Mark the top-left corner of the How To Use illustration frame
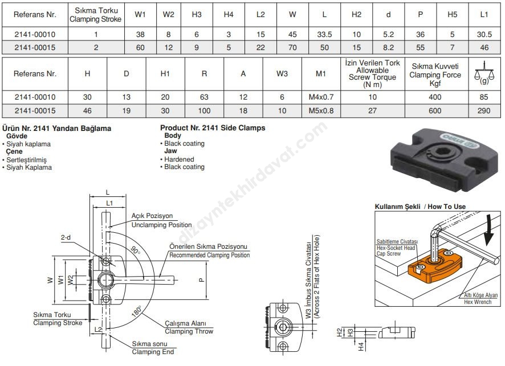[x=375, y=211]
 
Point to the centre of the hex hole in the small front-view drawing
[x=283, y=327]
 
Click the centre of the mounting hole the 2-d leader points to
[x=106, y=261]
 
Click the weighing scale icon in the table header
[x=484, y=73]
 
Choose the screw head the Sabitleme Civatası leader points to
[x=420, y=267]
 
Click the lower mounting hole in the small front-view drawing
[x=283, y=346]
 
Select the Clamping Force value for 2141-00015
[x=435, y=111]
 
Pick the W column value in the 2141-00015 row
[x=292, y=48]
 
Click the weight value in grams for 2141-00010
[x=484, y=97]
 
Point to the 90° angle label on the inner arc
[x=135, y=250]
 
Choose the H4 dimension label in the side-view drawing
[x=361, y=347]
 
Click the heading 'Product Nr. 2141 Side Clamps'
[x=213, y=128]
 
